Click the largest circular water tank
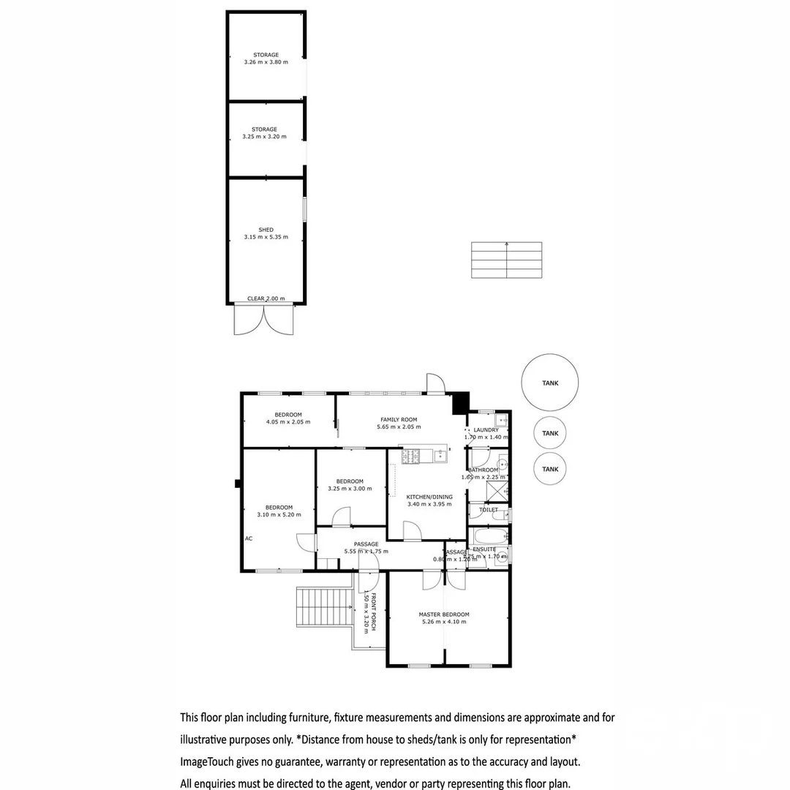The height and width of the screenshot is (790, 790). click(x=550, y=383)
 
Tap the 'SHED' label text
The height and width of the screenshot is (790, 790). click(x=266, y=230)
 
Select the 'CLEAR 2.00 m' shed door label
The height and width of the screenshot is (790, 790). click(x=266, y=298)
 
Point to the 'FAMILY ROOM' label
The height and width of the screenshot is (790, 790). click(x=399, y=420)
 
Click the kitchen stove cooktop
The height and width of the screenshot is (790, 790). click(x=410, y=456)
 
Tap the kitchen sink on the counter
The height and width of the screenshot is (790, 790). click(x=440, y=456)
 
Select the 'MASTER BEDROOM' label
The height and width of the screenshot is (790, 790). click(x=444, y=614)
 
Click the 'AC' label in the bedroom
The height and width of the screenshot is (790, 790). click(x=249, y=538)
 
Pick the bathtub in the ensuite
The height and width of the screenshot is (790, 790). click(x=486, y=535)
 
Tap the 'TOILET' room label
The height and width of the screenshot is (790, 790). click(x=489, y=510)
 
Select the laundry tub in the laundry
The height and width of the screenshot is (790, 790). click(x=501, y=421)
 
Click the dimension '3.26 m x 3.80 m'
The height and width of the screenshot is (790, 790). click(x=266, y=62)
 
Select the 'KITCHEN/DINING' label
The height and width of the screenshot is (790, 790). click(x=429, y=497)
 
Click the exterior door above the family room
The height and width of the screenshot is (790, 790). click(x=435, y=384)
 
